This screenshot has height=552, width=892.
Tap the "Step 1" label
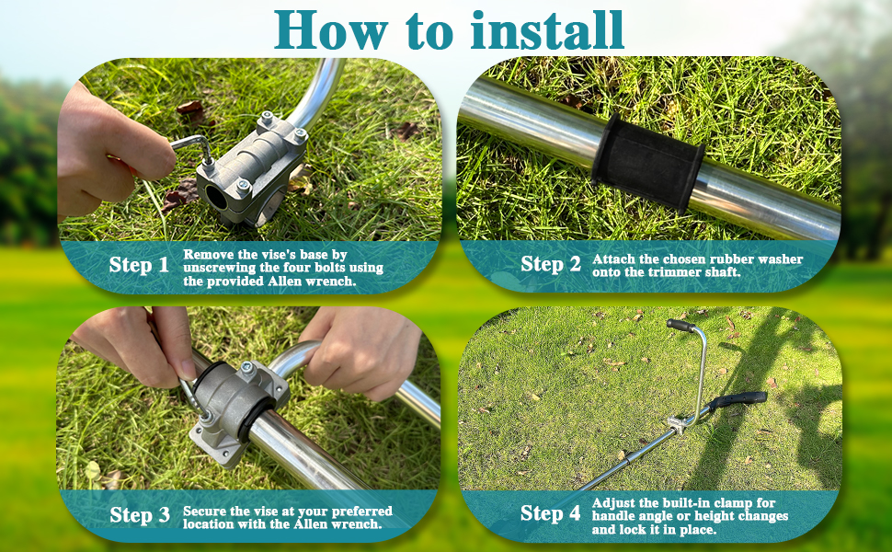point(139,265)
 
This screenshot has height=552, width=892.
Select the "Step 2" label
point(551,265)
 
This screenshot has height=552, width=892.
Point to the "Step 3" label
point(140,515)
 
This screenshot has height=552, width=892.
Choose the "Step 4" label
point(551,513)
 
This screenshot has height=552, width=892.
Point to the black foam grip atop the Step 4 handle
point(681,325)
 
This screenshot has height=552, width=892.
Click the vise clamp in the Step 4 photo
point(679,424)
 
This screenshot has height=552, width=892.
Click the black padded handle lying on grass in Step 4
point(739,399)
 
